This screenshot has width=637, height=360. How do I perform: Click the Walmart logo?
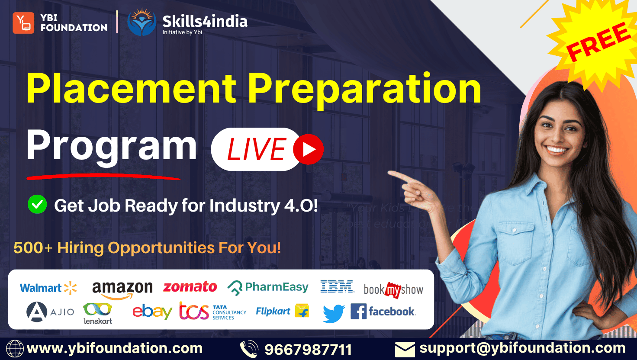click(x=48, y=288)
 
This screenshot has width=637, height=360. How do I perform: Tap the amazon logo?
click(x=122, y=289)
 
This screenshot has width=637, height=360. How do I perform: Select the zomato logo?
click(x=190, y=287)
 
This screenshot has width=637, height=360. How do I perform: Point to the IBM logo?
click(x=337, y=286)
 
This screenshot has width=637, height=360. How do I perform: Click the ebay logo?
click(x=152, y=311)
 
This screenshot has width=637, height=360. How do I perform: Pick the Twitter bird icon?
click(x=334, y=313)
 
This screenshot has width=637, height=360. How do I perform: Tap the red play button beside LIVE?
click(x=308, y=149)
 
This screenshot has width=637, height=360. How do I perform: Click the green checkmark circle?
click(x=37, y=204)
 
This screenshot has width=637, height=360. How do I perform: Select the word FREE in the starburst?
click(x=598, y=42)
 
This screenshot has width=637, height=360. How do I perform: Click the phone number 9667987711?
click(x=308, y=349)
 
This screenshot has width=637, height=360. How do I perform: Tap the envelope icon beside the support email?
click(x=405, y=349)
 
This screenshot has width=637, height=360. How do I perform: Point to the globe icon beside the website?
click(x=14, y=349)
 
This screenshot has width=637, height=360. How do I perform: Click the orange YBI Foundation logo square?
click(x=23, y=23)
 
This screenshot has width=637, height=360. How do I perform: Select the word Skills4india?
click(x=205, y=21)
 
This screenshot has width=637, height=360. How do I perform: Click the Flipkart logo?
click(x=282, y=311)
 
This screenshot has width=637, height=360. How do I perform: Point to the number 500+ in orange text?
click(x=32, y=248)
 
